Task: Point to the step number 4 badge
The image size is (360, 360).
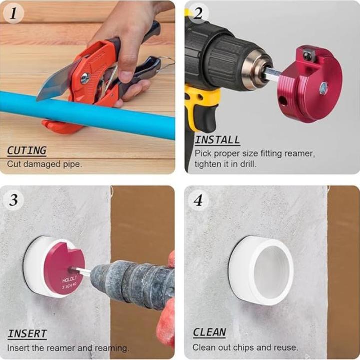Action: [199, 200]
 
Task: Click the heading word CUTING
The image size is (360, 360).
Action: [27, 150]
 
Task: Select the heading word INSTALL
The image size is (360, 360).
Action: [217, 140]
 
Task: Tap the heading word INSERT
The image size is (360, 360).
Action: [27, 334]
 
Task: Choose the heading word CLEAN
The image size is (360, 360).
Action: [209, 332]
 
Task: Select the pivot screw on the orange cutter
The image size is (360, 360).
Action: [85, 78]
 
